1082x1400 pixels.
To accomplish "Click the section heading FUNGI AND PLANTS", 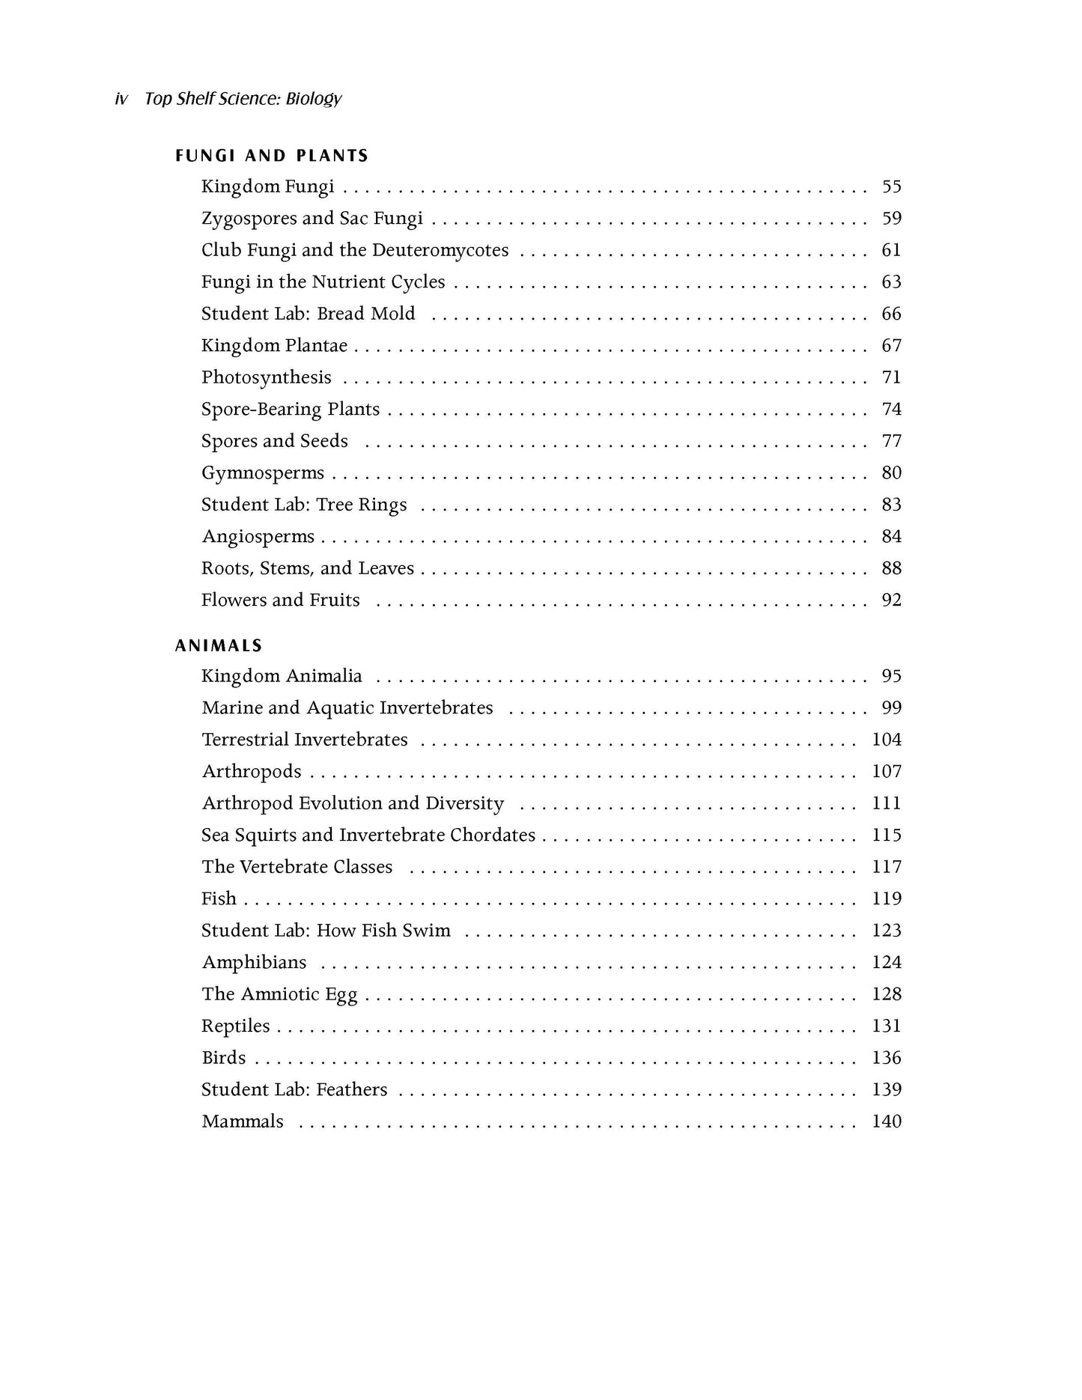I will (272, 156).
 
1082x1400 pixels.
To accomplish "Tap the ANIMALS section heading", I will (219, 645).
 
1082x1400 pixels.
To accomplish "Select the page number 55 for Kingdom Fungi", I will (891, 186).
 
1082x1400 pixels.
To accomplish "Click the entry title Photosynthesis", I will (266, 377).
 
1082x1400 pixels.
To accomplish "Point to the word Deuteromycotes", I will (440, 250).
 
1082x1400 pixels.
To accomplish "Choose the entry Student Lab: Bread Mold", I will (308, 314).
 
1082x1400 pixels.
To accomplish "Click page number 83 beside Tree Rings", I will (891, 505).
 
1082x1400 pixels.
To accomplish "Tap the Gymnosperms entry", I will (263, 473).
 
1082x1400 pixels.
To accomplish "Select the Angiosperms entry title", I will (258, 537).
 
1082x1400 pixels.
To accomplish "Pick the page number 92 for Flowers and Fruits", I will (891, 600).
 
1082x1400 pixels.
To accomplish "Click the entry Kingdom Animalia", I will (282, 676).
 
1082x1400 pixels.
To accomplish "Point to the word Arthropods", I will (252, 772).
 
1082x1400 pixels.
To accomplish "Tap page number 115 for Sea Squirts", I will (887, 836).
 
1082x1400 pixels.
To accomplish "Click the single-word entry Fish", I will (219, 898).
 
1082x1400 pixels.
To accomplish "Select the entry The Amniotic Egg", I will (279, 994).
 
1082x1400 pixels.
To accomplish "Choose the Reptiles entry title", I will (236, 1026).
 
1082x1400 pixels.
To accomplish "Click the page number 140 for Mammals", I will (887, 1121).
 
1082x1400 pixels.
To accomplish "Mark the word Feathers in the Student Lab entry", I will (352, 1089).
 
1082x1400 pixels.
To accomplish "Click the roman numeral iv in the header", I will (121, 99).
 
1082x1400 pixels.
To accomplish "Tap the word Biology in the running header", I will (314, 99).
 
